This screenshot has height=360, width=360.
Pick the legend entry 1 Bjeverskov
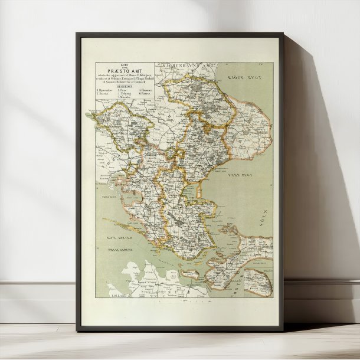(x=106, y=89)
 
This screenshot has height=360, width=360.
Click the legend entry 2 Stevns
(x=104, y=93)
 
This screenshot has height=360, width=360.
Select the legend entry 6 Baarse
(x=145, y=93)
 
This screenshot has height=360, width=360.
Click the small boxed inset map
(x=258, y=282)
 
